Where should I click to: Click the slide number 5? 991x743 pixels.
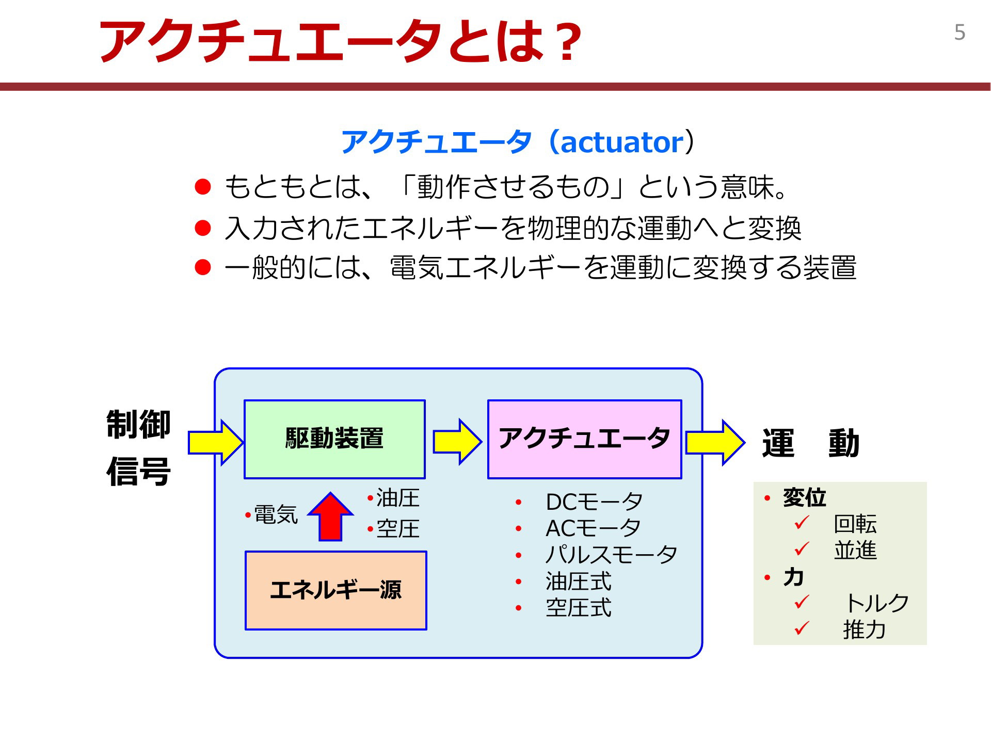click(x=960, y=33)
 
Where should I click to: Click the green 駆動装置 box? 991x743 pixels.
click(x=334, y=439)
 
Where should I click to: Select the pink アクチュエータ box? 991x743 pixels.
click(x=585, y=439)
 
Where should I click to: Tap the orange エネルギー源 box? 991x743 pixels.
click(x=336, y=590)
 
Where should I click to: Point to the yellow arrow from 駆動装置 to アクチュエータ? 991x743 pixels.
click(x=457, y=442)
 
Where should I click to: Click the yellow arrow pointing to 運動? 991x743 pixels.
click(x=715, y=442)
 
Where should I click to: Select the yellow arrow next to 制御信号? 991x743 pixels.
click(x=216, y=442)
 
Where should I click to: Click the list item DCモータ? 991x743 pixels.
click(x=594, y=502)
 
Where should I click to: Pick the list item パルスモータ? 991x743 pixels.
click(x=611, y=555)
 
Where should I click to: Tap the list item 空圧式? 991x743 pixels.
click(x=579, y=608)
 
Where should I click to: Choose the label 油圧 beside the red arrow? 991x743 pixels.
click(x=398, y=498)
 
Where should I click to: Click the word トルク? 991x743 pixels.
click(x=876, y=603)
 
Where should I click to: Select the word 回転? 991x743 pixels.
click(x=855, y=524)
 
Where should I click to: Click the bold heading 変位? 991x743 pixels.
click(x=804, y=497)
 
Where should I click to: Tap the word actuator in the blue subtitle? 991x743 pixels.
click(x=622, y=142)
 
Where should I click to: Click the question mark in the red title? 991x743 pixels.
click(x=566, y=42)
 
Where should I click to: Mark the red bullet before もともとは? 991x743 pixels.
click(x=203, y=187)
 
